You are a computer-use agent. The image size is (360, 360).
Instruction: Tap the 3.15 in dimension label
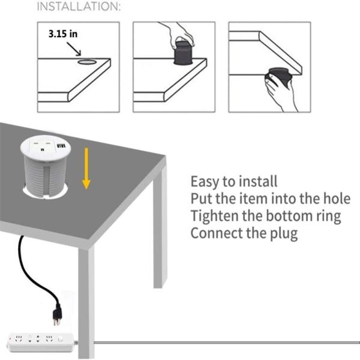click(x=62, y=34)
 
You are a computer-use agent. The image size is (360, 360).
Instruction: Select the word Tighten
click(x=214, y=216)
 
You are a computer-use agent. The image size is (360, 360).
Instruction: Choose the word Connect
click(x=215, y=233)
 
